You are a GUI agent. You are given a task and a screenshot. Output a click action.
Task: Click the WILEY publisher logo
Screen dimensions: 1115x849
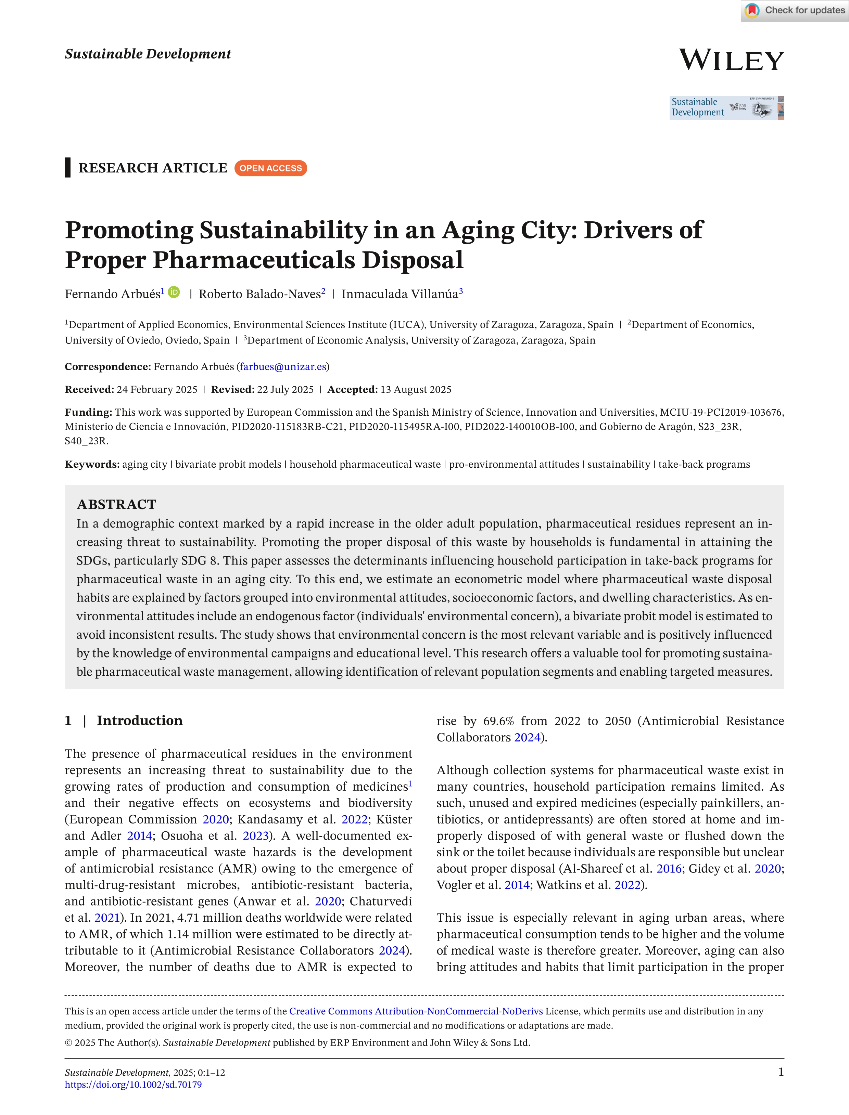point(731,60)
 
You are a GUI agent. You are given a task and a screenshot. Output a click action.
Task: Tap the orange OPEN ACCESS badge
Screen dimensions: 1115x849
point(270,168)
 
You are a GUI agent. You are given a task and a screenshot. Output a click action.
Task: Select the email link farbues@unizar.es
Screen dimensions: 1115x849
point(283,367)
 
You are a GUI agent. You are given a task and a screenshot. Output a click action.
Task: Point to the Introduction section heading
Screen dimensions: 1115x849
point(139,720)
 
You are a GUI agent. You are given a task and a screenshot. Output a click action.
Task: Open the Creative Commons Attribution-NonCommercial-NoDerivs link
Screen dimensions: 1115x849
point(416,1011)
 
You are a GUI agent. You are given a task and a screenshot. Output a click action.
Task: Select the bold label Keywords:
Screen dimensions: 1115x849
point(92,464)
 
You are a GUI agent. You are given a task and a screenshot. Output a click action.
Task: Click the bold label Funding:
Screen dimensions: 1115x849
point(88,412)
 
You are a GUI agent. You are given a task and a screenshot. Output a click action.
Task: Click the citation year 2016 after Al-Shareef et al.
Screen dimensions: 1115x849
point(669,869)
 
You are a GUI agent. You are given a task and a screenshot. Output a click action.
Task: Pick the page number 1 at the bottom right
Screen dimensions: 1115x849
point(781,1072)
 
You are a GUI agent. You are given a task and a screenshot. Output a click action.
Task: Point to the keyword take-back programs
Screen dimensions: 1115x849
point(704,464)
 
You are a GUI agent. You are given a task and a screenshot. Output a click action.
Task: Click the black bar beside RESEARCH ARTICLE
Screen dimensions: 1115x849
point(67,168)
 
